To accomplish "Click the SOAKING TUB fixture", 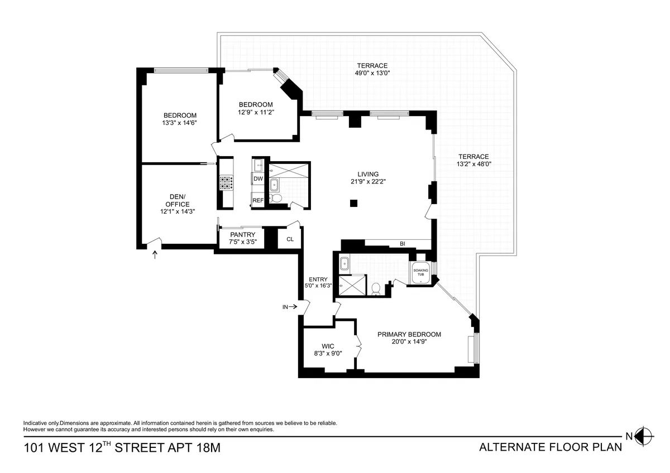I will tap(420, 273).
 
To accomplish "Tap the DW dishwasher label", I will tap(258, 178).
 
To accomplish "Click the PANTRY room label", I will tap(242, 235).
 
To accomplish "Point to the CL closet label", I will tap(290, 239).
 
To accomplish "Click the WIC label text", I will tap(328, 346).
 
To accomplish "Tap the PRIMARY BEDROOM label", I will tap(409, 335).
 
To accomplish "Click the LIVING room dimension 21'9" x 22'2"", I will tap(368, 181).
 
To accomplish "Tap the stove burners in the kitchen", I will tap(226, 184).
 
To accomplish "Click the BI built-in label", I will tap(402, 244).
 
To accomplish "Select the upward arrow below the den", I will tap(155, 255).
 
